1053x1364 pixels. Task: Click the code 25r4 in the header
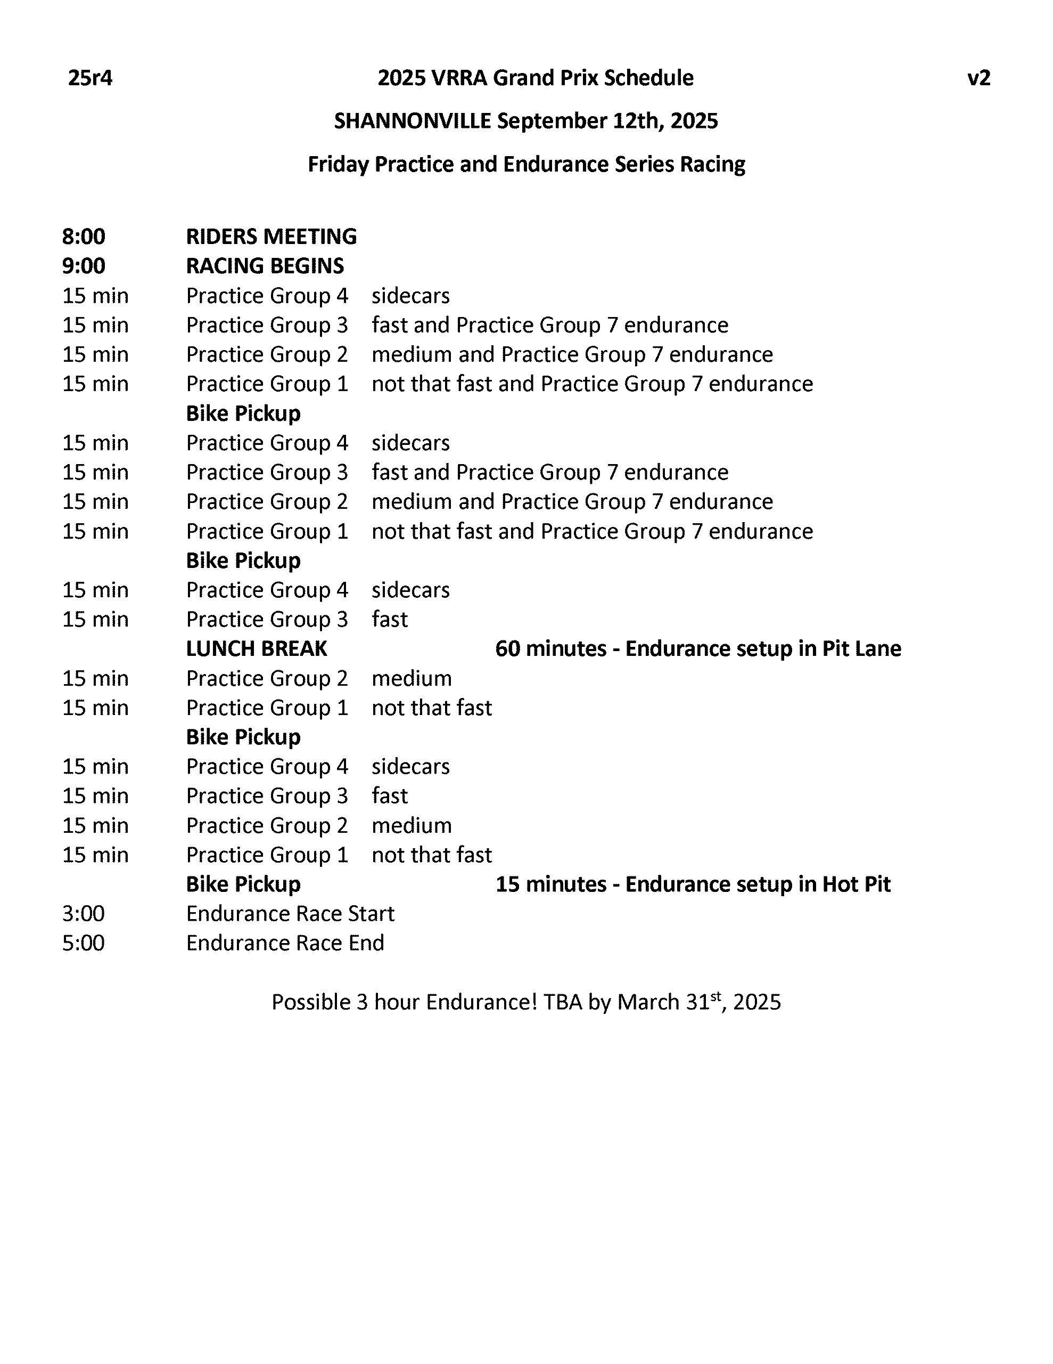pos(90,78)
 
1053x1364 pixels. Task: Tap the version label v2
pos(978,78)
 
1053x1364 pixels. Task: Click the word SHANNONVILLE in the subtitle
pos(412,120)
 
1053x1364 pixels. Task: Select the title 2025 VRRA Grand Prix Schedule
pos(535,78)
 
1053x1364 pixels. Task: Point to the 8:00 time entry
pos(83,237)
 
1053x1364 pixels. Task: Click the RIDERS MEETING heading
pos(271,237)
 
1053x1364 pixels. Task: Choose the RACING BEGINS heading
pos(265,266)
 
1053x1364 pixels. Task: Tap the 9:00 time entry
pos(83,266)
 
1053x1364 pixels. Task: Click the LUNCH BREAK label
pos(256,649)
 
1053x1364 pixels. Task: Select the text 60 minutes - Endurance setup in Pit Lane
pos(698,649)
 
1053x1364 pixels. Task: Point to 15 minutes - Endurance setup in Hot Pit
pos(693,884)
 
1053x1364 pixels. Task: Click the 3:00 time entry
pos(83,914)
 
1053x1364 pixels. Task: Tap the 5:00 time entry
pos(83,943)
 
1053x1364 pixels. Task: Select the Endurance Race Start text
pos(290,914)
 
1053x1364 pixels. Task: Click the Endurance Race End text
pos(285,943)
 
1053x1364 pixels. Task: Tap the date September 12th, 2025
pos(607,120)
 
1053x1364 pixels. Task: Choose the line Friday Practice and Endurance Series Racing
pos(526,164)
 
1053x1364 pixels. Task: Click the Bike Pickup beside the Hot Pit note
pos(243,884)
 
